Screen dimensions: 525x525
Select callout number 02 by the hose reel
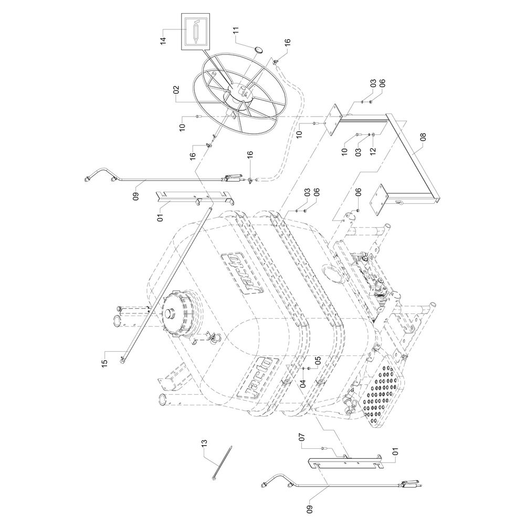[176, 90]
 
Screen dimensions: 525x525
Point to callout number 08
[424, 137]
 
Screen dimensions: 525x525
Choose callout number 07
[302, 437]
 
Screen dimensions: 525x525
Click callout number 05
[318, 361]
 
